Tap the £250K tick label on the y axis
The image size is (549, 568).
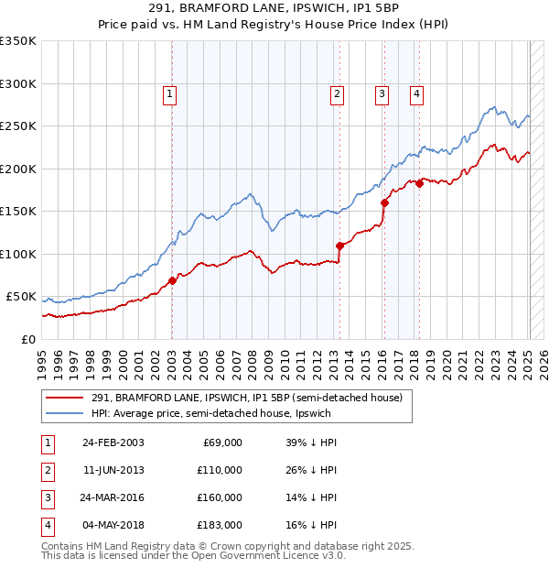[17, 126]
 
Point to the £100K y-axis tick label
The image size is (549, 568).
[17, 254]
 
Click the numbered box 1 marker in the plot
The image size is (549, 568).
[170, 93]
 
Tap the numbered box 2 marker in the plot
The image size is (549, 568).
[337, 93]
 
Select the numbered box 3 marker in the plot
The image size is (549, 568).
[382, 93]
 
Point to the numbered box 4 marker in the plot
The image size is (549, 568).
[416, 93]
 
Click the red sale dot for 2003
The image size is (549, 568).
[172, 280]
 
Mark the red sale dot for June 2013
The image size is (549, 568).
[339, 246]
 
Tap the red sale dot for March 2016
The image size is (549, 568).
[384, 203]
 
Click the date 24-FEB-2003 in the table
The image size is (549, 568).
[113, 442]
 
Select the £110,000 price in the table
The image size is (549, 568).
[220, 470]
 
